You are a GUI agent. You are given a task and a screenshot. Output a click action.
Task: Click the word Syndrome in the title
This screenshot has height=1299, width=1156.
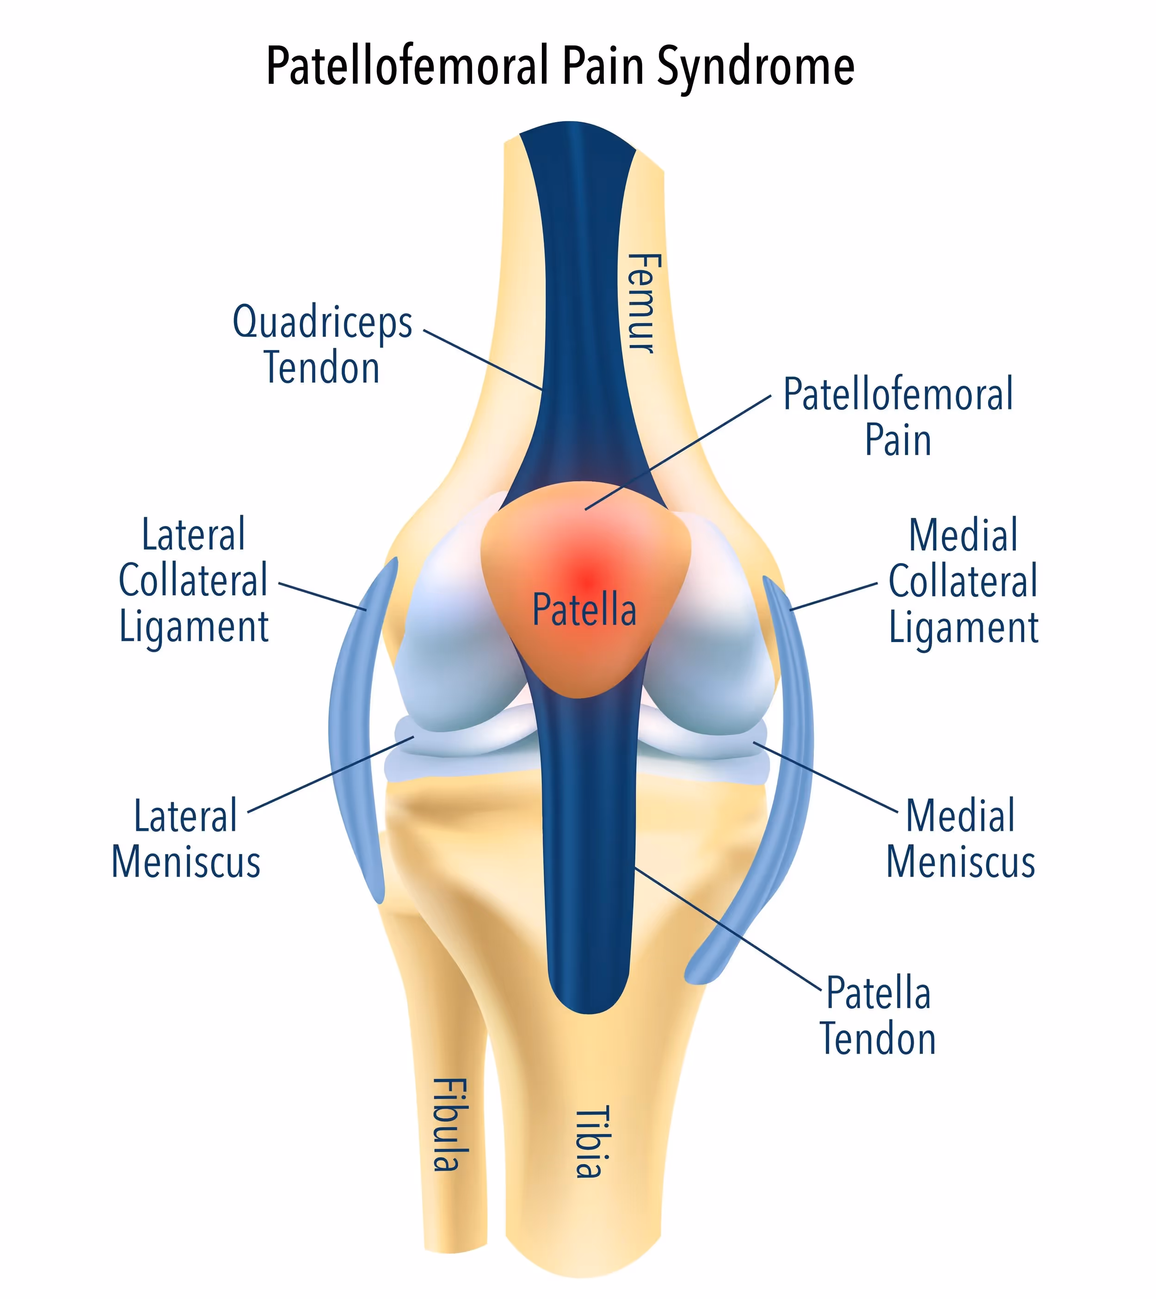click(x=756, y=67)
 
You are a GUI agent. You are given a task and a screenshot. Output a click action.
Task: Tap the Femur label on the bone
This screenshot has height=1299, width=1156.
click(x=643, y=303)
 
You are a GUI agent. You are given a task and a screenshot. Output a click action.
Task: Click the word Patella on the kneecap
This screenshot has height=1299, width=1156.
click(x=584, y=610)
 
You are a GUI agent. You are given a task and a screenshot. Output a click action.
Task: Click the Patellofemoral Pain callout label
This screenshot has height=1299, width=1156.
click(x=898, y=417)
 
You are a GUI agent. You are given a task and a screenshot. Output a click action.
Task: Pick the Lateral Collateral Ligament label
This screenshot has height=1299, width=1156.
click(x=194, y=581)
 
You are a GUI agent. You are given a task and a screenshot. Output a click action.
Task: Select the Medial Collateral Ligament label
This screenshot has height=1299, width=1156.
click(x=963, y=581)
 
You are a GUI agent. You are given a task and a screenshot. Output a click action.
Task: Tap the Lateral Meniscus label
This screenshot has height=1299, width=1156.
click(x=186, y=839)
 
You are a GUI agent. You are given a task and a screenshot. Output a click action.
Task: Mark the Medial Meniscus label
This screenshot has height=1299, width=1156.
click(x=960, y=839)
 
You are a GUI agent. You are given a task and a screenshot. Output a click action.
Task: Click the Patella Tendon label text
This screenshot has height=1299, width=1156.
click(x=878, y=1016)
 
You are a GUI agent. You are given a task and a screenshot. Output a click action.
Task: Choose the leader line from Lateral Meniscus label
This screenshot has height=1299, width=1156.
click(x=330, y=774)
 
